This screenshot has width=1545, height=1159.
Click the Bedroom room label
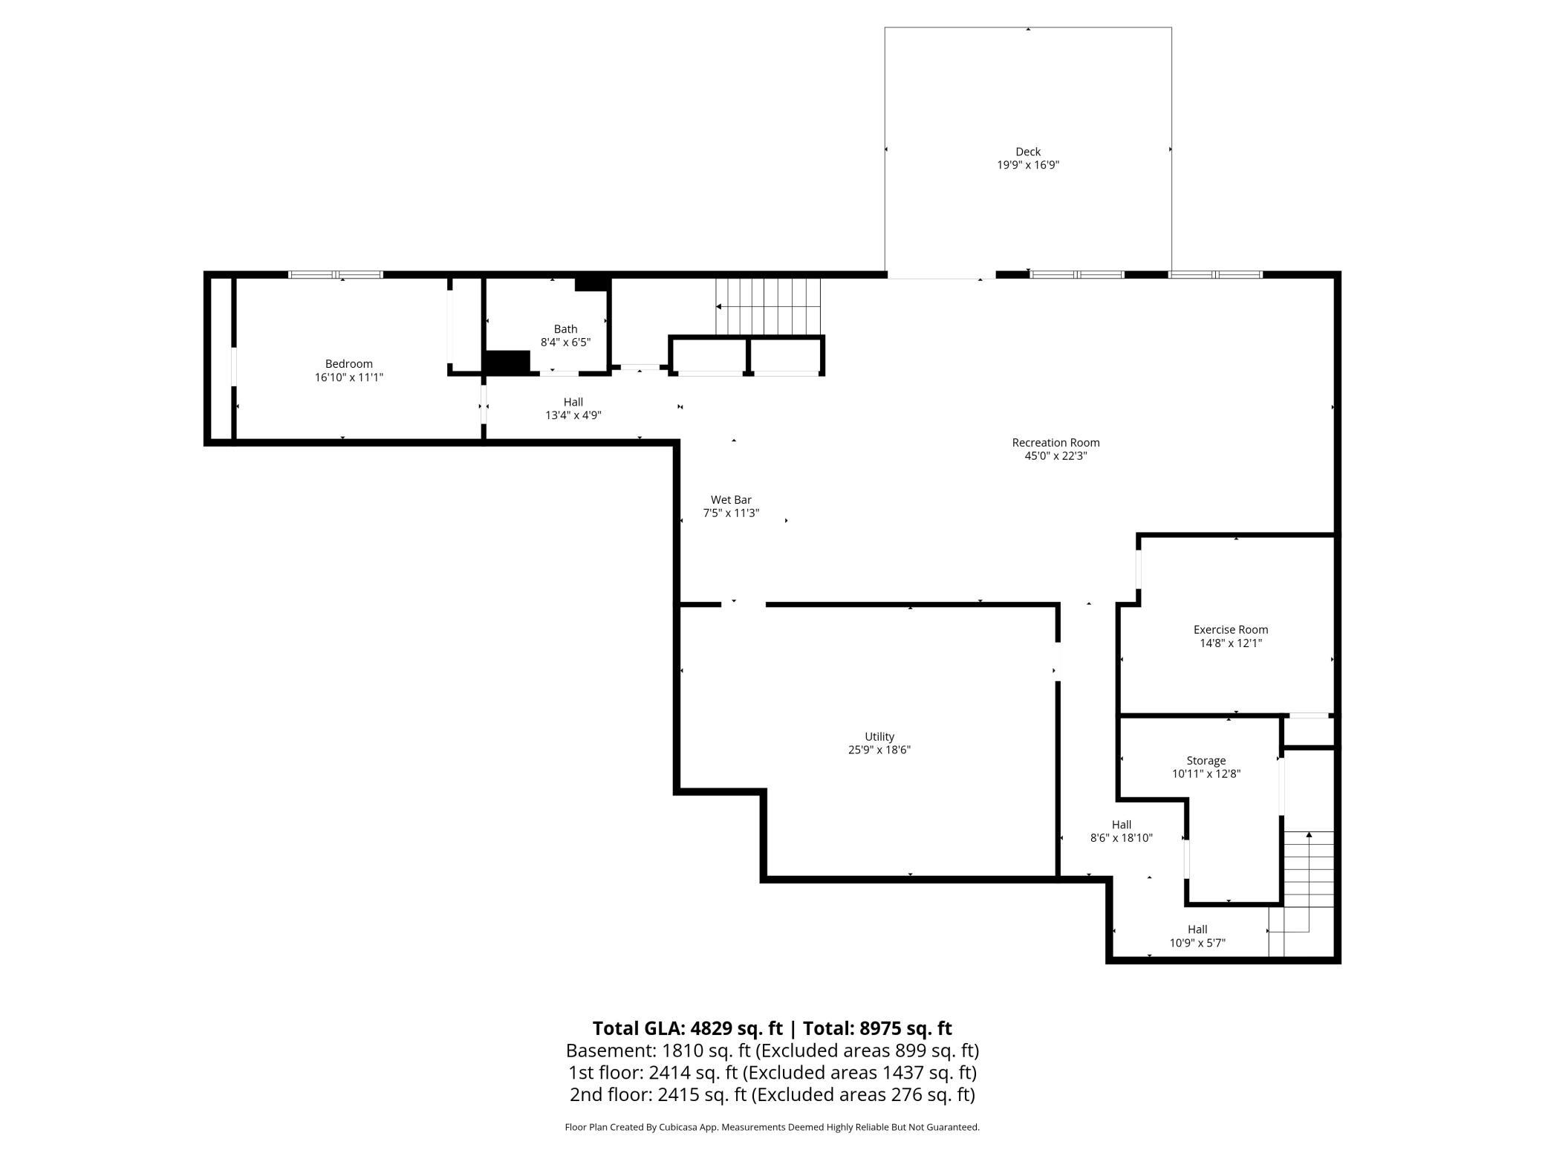coord(348,364)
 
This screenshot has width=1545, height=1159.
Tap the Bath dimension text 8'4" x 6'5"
coord(565,342)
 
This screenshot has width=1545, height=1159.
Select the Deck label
coord(1028,152)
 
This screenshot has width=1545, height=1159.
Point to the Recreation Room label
coord(1056,443)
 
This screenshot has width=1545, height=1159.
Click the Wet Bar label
coord(731,500)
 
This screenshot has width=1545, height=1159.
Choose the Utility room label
coord(879,737)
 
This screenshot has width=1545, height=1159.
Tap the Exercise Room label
coord(1231,630)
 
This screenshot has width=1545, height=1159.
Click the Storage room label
coord(1206,761)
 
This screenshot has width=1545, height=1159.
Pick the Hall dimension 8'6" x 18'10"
coord(1122,838)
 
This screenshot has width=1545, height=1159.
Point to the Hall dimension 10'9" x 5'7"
coord(1197,943)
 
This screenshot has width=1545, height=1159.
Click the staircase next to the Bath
coord(768,307)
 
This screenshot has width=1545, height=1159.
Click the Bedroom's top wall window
coord(336,275)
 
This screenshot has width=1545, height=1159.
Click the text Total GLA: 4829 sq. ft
coord(687,1028)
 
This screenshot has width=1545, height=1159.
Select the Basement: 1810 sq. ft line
coord(772,1051)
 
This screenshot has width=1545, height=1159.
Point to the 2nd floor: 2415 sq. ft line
coord(772,1094)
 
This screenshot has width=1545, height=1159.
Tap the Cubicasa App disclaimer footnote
coord(772,1127)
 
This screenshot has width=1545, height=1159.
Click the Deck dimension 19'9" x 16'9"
coord(1028,165)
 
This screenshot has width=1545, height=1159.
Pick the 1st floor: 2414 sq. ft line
coord(772,1073)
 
